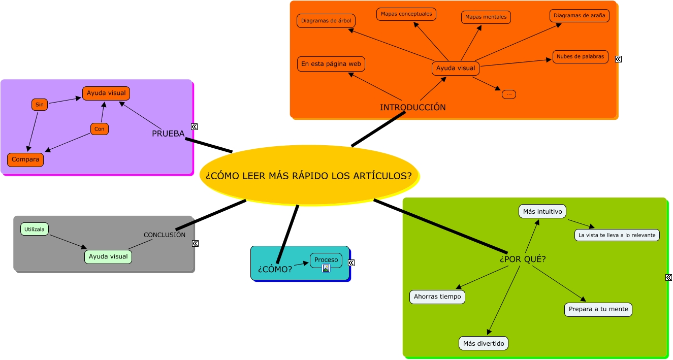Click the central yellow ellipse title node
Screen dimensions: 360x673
308,176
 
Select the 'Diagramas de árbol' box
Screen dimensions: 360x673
326,21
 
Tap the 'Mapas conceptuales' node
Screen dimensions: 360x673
406,14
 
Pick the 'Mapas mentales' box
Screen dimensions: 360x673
486,17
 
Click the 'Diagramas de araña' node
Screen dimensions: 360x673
579,16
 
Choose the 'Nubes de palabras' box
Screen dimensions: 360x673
580,57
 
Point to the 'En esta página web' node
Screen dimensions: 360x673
331,64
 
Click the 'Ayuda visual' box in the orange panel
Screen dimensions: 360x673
456,68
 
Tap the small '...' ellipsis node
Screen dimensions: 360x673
508,94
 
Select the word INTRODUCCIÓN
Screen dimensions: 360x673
412,107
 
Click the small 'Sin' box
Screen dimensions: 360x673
40,105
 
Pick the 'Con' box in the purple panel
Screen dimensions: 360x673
100,129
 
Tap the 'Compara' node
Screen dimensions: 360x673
25,159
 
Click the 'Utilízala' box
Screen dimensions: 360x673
35,230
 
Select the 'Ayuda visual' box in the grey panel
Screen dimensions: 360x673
108,256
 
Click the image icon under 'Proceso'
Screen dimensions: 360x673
326,268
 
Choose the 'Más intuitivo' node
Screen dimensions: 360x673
542,211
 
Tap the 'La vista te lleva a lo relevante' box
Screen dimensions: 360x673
617,235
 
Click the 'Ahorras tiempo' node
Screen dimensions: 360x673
437,297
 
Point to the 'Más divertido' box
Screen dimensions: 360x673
483,344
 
